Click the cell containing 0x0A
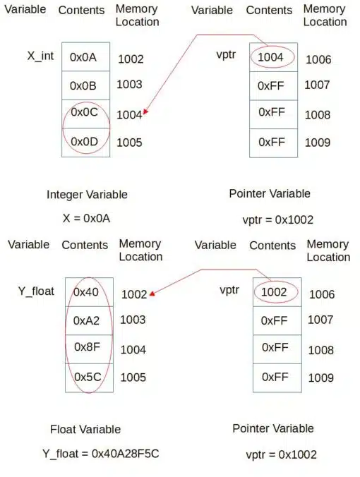[x=85, y=57]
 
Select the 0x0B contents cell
[x=85, y=85]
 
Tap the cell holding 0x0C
[x=85, y=114]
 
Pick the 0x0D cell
[x=85, y=143]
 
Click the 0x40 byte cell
[x=89, y=292]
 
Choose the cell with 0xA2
[x=89, y=320]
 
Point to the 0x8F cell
[x=89, y=349]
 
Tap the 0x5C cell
[x=89, y=378]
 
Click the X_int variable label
[x=40, y=56]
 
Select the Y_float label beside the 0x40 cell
[x=36, y=291]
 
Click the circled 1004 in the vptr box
[x=270, y=57]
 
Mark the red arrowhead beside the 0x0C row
[x=146, y=112]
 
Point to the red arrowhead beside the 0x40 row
[x=152, y=294]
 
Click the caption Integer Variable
[x=87, y=195]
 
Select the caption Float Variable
[x=85, y=429]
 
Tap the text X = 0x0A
[x=86, y=219]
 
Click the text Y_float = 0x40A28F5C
[x=101, y=454]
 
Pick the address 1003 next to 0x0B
[x=129, y=84]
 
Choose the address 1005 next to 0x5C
[x=133, y=378]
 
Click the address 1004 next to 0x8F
[x=133, y=350]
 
